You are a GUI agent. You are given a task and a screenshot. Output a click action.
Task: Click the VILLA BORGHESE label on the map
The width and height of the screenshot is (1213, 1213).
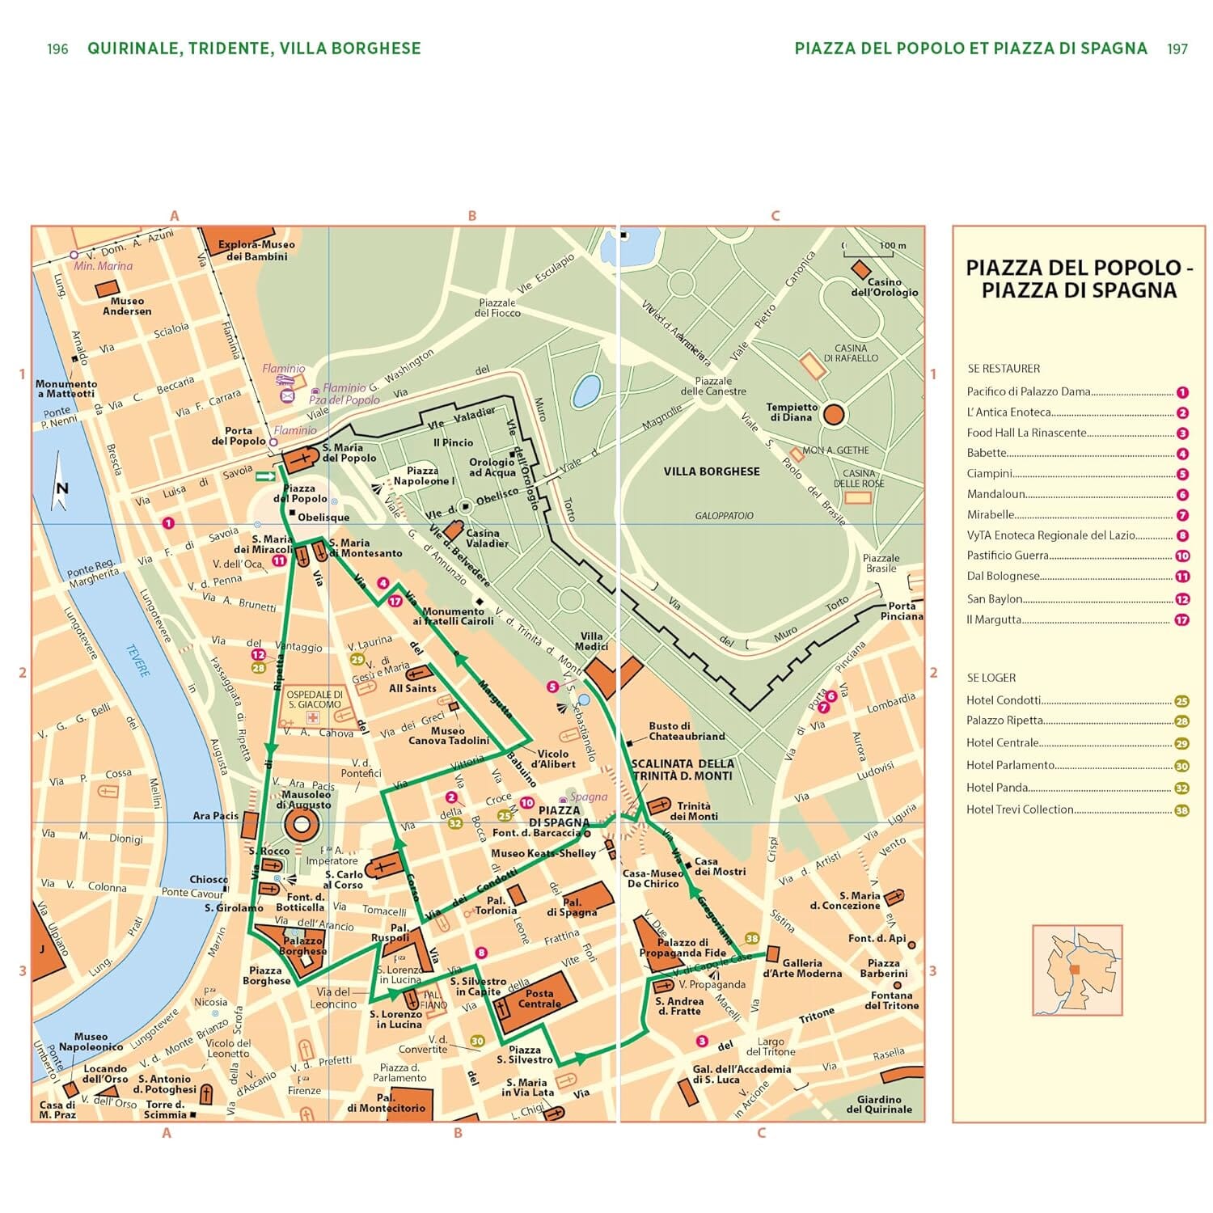pos(711,471)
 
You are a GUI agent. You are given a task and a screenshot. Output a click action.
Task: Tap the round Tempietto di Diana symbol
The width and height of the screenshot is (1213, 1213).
pos(834,416)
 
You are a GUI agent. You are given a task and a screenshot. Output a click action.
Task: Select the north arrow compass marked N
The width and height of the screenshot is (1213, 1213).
pos(60,484)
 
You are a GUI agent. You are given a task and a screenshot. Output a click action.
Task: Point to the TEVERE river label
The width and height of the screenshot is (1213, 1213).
pos(137,660)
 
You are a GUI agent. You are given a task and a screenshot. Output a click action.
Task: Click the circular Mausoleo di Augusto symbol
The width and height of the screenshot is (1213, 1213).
pos(302,826)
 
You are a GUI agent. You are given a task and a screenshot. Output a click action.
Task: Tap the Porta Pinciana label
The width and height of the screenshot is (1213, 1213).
pos(901,611)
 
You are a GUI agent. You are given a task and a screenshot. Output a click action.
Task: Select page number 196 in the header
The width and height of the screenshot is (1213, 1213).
pos(57,49)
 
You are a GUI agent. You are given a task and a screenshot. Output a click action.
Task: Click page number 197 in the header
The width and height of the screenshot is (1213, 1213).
pos(1177,49)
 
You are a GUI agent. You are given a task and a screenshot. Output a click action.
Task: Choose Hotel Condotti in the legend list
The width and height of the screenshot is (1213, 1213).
pos(1004,700)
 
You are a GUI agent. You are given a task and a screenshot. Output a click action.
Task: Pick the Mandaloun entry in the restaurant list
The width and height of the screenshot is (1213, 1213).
pos(996,494)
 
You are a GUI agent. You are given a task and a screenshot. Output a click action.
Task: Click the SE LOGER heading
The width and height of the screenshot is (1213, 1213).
pos(991,678)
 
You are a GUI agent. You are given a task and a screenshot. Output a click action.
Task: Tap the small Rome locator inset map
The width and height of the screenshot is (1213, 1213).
pos(1077,970)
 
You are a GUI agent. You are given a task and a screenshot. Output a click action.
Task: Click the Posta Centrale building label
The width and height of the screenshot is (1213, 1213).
pos(539,999)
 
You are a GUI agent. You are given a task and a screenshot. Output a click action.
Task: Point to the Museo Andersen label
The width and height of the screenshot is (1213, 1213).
pos(127,306)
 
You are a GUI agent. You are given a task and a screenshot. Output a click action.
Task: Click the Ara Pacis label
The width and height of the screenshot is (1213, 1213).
pos(215,816)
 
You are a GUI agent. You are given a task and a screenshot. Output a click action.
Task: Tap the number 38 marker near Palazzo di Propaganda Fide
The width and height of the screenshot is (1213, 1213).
pos(752,939)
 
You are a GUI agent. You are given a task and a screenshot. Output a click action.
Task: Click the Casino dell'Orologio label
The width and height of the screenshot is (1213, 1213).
pos(884,287)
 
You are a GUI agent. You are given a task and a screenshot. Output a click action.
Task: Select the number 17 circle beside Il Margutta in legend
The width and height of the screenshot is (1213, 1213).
pos(1181,620)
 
